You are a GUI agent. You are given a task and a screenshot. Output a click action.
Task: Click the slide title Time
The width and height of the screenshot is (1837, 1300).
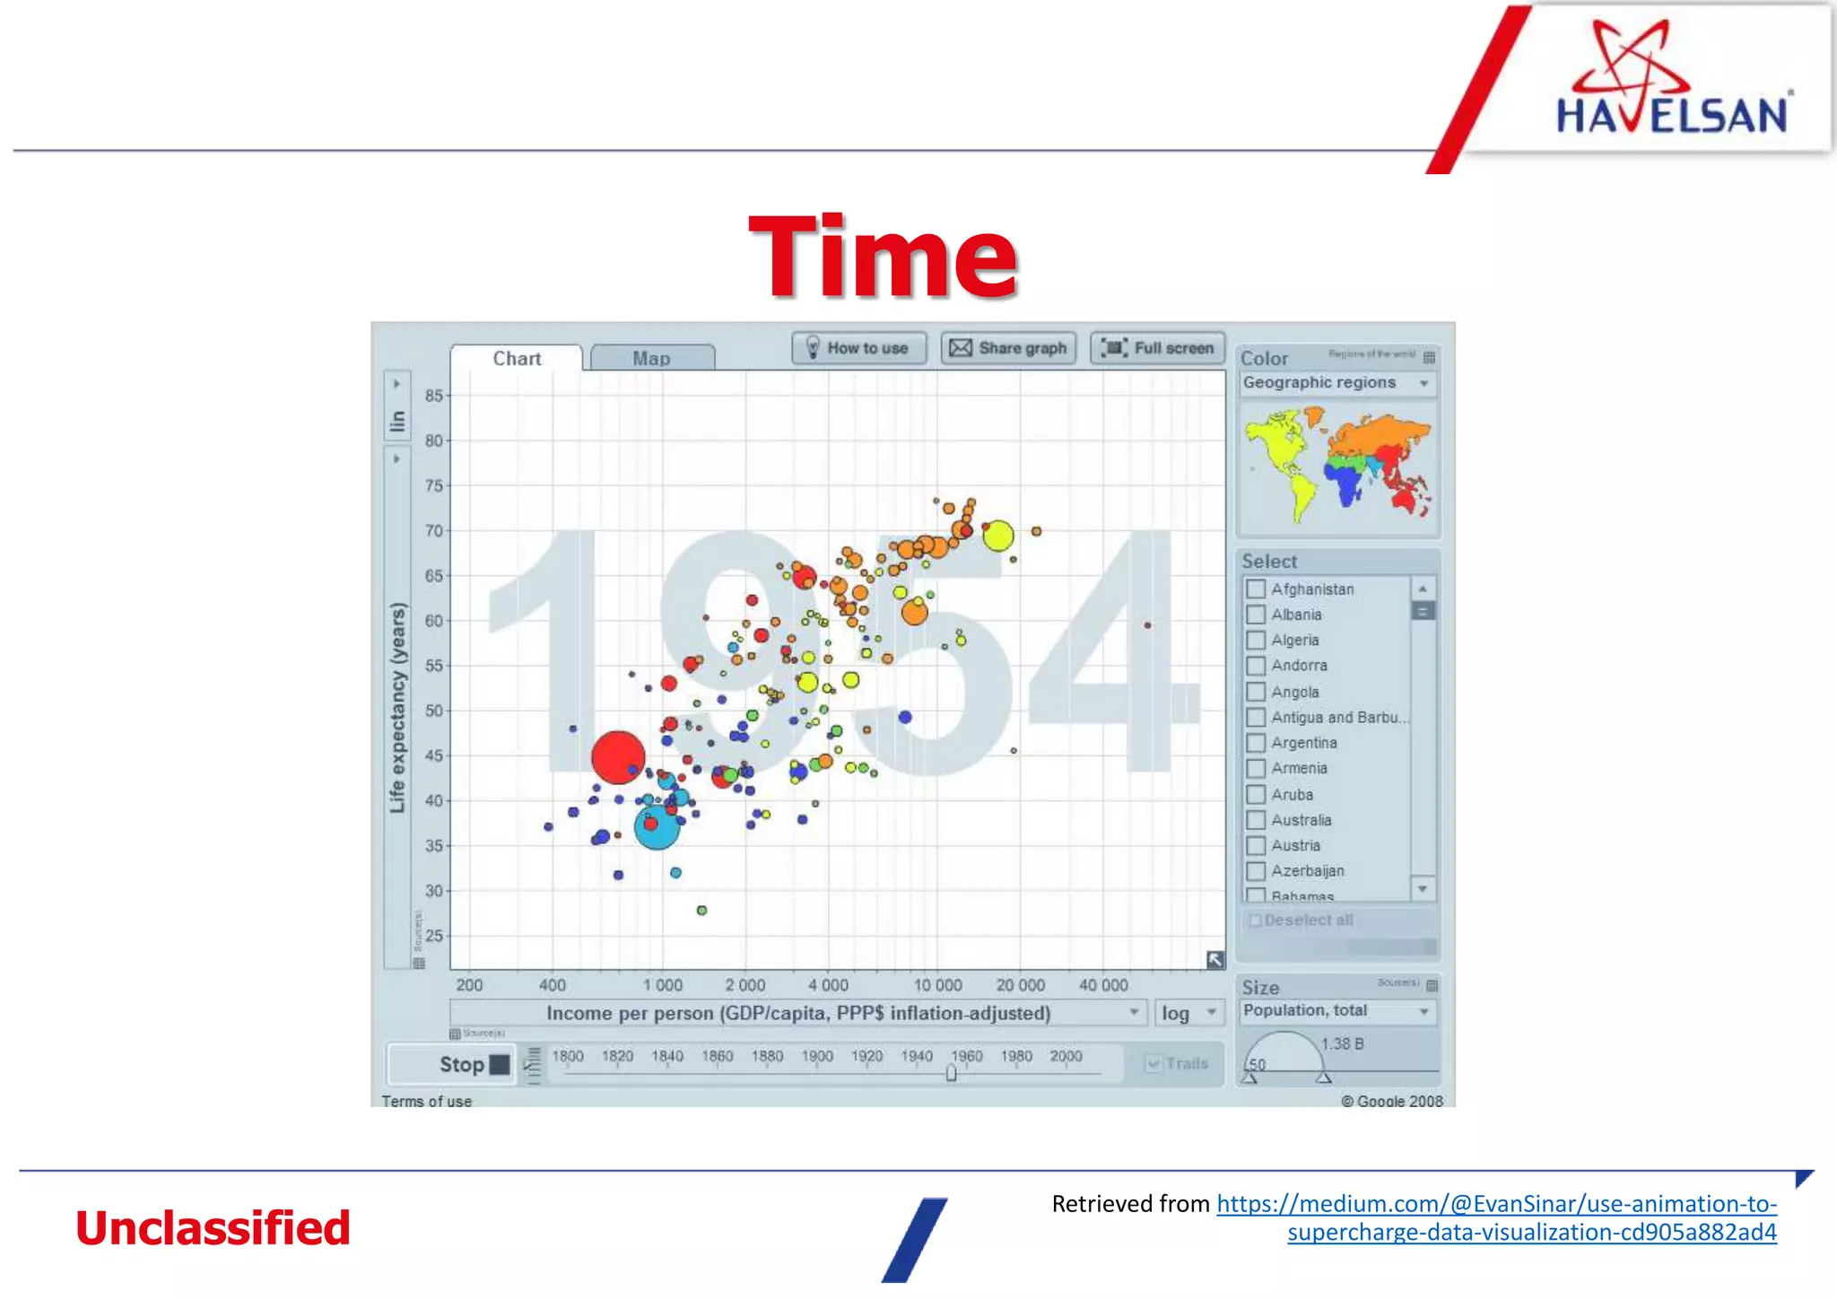tap(883, 257)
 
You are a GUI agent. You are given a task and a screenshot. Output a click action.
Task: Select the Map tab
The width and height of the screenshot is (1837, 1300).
tap(652, 358)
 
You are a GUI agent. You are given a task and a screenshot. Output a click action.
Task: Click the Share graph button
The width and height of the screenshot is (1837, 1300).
tap(1008, 348)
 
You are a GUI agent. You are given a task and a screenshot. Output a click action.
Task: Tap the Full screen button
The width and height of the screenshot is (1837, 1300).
tap(1157, 348)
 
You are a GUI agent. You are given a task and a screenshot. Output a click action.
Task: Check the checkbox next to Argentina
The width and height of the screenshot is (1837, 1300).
tap(1256, 743)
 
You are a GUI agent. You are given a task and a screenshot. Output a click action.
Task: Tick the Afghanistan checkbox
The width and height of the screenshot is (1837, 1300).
tap(1256, 589)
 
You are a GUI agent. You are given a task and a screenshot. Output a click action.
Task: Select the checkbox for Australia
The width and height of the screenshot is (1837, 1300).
tap(1256, 820)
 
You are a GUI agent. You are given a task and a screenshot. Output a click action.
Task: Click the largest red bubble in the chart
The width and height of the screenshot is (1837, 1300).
tap(618, 757)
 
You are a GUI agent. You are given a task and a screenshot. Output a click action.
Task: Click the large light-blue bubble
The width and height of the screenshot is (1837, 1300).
tap(657, 827)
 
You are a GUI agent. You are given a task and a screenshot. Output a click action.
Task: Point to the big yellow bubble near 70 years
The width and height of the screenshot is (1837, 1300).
tap(997, 536)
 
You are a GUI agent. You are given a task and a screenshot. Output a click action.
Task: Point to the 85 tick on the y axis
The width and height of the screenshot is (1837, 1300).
tap(434, 396)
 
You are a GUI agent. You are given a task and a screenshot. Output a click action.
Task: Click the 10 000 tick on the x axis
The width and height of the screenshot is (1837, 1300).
tap(937, 985)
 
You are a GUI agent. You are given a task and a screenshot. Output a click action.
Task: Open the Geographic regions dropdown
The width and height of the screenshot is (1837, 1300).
tap(1336, 383)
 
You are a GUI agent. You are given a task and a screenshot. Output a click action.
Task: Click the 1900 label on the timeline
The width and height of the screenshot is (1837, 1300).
tap(817, 1056)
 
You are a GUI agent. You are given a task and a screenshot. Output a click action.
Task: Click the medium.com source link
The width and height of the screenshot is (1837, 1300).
tap(1496, 1204)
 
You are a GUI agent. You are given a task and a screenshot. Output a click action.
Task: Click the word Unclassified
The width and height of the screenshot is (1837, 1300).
tap(213, 1228)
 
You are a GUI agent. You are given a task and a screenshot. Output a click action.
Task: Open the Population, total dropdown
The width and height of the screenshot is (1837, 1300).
tap(1336, 1011)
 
